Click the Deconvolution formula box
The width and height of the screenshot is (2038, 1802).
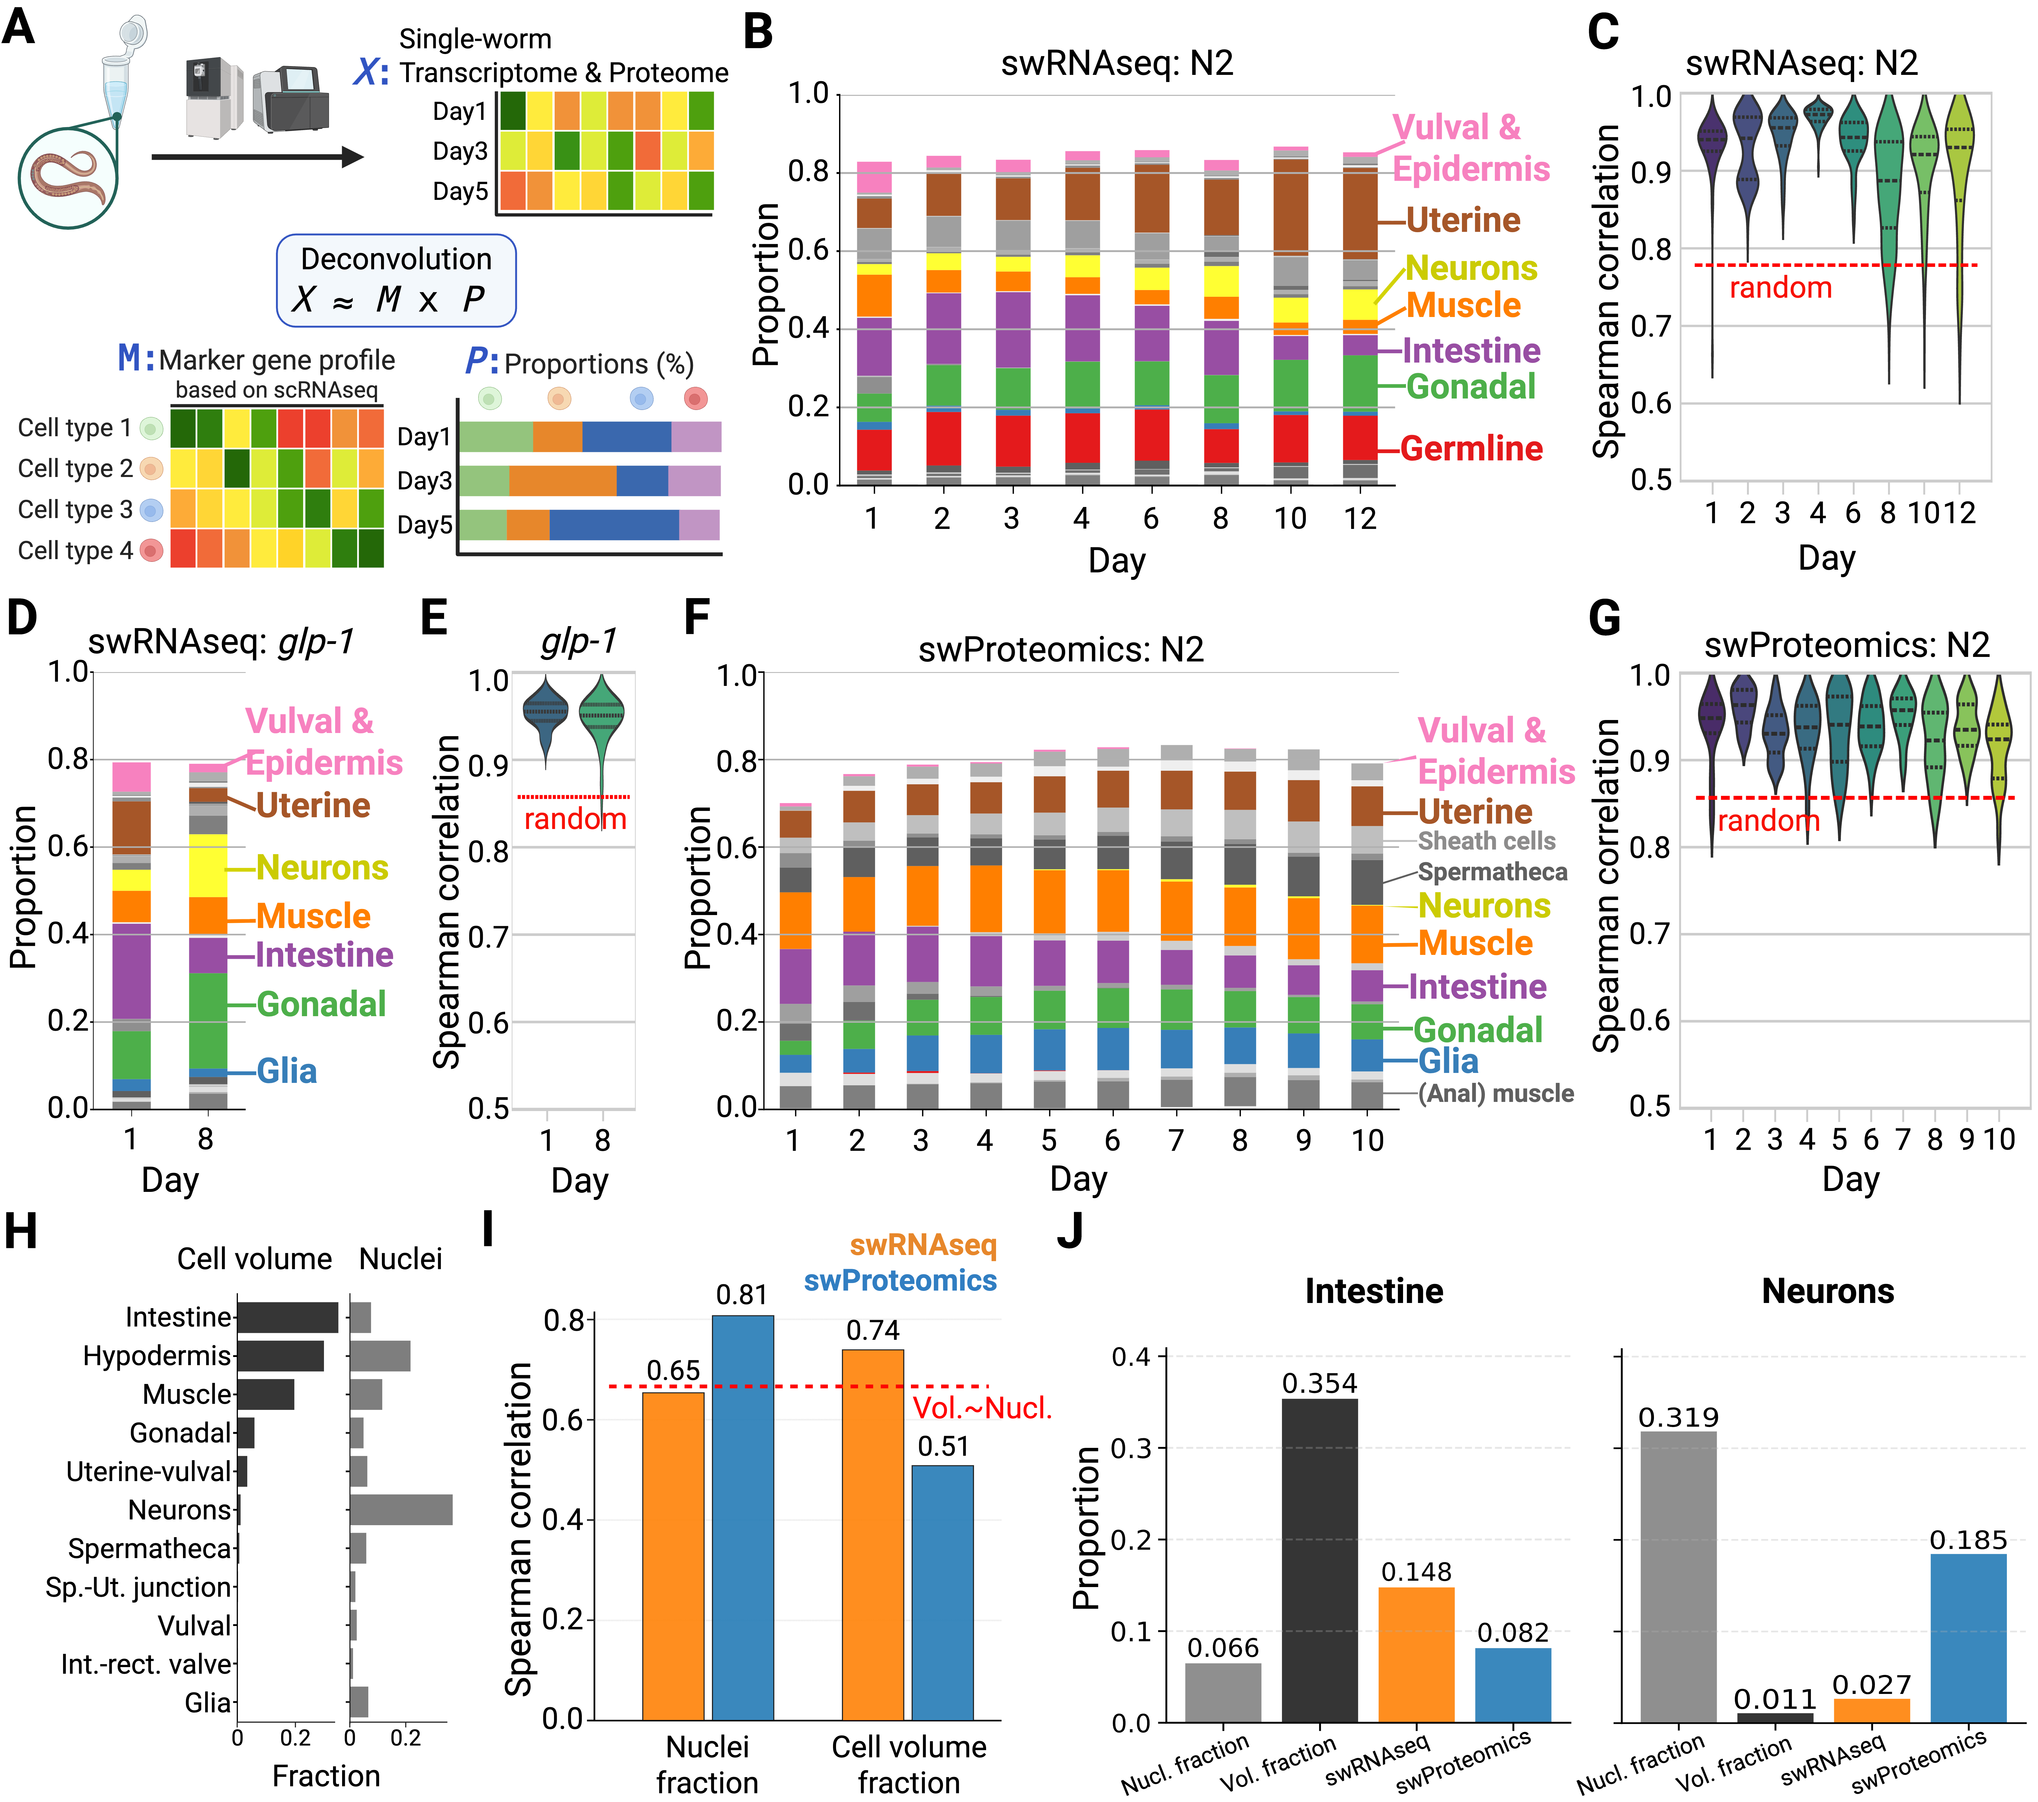tap(396, 280)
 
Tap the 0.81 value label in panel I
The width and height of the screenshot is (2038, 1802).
tap(742, 1295)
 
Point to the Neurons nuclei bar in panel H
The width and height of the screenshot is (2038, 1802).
tap(401, 1510)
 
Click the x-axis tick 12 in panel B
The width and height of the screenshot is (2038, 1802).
tap(1360, 518)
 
